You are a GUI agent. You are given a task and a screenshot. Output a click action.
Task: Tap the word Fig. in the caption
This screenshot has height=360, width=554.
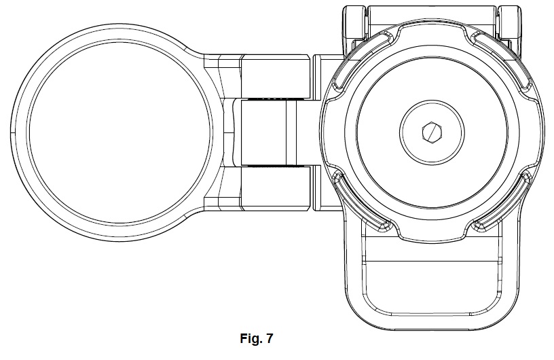coord(248,338)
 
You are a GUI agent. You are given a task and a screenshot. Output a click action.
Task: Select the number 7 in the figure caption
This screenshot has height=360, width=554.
coord(271,338)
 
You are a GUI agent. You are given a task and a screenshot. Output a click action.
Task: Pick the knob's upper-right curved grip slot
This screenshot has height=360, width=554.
coord(508,65)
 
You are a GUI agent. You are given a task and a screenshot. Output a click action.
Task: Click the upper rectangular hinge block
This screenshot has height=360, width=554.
coord(274,76)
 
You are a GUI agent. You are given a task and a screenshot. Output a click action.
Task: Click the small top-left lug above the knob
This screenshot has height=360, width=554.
coord(352,20)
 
